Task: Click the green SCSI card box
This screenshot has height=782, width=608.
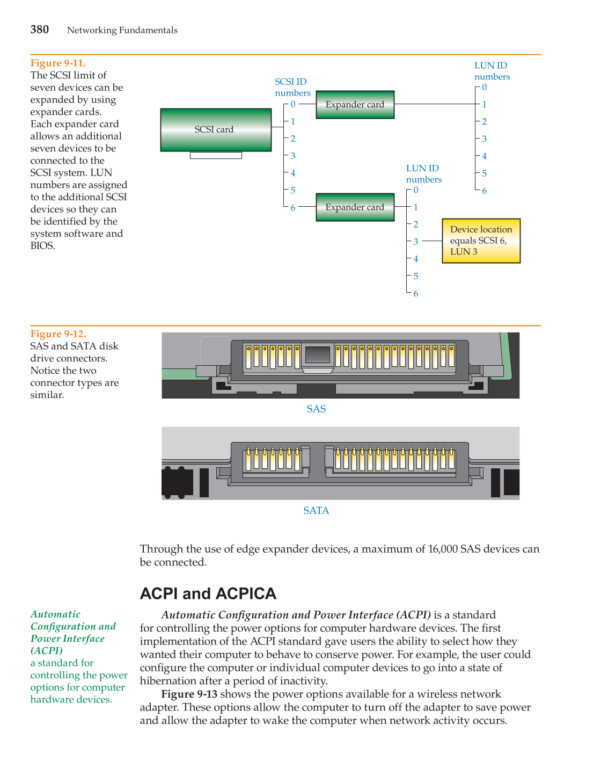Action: (x=216, y=130)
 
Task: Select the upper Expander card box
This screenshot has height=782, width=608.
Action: (x=355, y=105)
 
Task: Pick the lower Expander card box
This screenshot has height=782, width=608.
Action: (x=355, y=207)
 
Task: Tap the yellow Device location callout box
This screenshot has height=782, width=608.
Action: (x=481, y=241)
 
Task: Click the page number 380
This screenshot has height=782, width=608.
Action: (x=40, y=30)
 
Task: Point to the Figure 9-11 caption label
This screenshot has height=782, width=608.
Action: (x=58, y=63)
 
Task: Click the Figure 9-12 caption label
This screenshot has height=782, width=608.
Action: (x=58, y=334)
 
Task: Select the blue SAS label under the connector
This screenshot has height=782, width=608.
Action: (x=316, y=409)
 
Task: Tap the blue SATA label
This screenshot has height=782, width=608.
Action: (x=316, y=511)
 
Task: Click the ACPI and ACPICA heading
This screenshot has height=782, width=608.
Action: (x=208, y=593)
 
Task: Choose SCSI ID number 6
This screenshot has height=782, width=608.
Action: (x=293, y=208)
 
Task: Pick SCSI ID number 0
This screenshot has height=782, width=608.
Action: (x=293, y=105)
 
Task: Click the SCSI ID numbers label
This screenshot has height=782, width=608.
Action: (x=292, y=87)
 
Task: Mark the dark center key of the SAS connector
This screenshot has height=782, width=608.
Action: (x=317, y=354)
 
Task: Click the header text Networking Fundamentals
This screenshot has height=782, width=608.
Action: (x=122, y=31)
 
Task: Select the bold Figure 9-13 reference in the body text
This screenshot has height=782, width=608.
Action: (x=189, y=694)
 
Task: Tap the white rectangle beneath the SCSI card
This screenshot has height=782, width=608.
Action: (x=216, y=156)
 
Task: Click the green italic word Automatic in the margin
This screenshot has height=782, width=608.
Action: (x=55, y=614)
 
